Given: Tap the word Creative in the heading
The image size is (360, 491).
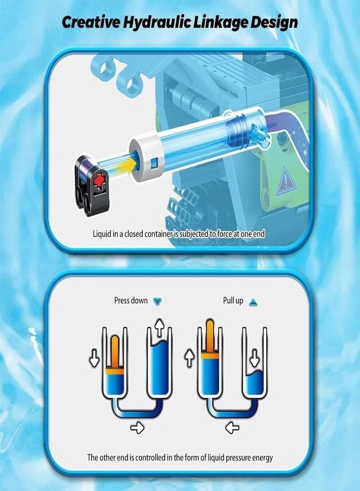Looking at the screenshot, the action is (x=91, y=22).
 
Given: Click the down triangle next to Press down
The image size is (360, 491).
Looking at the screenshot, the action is (x=158, y=301).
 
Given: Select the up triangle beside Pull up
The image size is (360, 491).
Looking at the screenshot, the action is (x=253, y=302).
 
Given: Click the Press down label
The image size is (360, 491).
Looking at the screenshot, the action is (x=131, y=301).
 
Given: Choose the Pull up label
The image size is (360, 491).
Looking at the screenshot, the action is (x=233, y=301).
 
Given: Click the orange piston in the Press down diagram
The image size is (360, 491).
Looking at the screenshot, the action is (x=115, y=355).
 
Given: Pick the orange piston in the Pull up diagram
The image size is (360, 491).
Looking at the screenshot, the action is (x=210, y=338).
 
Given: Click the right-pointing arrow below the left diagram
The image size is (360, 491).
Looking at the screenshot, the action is (x=137, y=427).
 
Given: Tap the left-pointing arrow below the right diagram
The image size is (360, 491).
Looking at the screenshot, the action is (x=232, y=427).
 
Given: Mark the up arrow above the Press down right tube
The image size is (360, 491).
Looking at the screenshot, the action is (x=160, y=327).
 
